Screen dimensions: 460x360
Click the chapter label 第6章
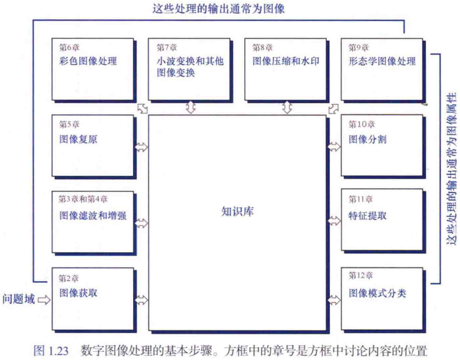(69, 47)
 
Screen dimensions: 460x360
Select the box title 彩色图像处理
(88, 61)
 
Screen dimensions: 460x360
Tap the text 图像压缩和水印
(285, 61)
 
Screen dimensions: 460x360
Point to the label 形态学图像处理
(382, 61)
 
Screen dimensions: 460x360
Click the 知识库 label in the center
(238, 211)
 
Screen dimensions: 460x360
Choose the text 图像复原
(78, 139)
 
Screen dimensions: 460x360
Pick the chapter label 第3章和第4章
(83, 199)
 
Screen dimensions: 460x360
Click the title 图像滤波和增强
(93, 215)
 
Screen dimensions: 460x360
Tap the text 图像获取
(78, 292)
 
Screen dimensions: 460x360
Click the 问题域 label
(19, 299)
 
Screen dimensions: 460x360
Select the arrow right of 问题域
(44, 300)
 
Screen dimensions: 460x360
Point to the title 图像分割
(368, 139)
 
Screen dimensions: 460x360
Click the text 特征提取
(368, 216)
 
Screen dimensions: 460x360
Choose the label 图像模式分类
(377, 293)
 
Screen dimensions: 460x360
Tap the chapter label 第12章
(361, 275)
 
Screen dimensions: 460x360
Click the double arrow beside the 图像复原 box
(141, 147)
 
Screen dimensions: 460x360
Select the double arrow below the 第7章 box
(191, 107)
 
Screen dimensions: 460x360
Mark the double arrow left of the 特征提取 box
(334, 221)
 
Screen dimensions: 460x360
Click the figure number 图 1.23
(51, 351)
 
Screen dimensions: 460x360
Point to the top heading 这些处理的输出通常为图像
(219, 9)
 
